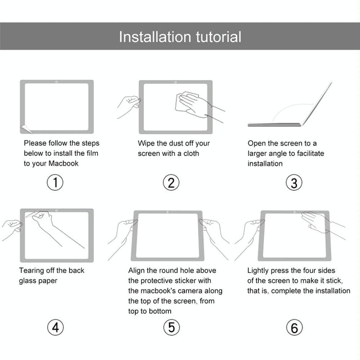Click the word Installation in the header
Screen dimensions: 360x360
tap(155, 37)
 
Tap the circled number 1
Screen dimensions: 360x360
tap(55, 183)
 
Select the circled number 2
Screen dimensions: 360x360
tap(171, 183)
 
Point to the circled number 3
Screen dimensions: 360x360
tap(294, 183)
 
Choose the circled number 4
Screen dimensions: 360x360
tap(55, 327)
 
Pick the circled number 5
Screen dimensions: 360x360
tap(171, 327)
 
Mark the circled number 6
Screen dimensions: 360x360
tap(294, 327)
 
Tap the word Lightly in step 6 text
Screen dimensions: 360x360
tap(260, 271)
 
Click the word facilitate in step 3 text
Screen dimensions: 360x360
tap(307, 153)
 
